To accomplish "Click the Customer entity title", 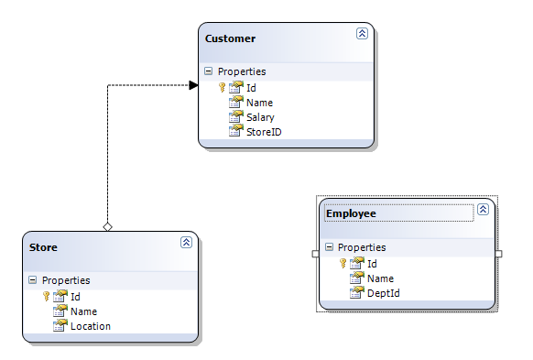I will (x=230, y=38).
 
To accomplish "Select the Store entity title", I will (x=43, y=247).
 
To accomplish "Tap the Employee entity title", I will (x=351, y=213).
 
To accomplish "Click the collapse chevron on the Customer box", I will (x=362, y=33).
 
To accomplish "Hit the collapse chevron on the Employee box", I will (x=484, y=209).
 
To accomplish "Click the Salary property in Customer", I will (x=260, y=117).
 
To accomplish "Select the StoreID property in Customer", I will (x=264, y=132).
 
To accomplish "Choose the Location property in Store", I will (x=90, y=326).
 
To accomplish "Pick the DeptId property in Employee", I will (x=383, y=293).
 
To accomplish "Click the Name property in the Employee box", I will (x=380, y=278).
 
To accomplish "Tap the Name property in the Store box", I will (x=83, y=311).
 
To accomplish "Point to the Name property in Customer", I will (x=259, y=103).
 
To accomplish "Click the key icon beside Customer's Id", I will (x=222, y=88).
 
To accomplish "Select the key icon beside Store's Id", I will (x=46, y=297).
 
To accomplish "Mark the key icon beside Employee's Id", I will (x=343, y=264).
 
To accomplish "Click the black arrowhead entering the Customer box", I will (x=193, y=85).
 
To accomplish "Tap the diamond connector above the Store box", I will (x=107, y=226).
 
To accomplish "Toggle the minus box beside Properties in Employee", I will (x=329, y=247).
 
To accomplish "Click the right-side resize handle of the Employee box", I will (x=499, y=254).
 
